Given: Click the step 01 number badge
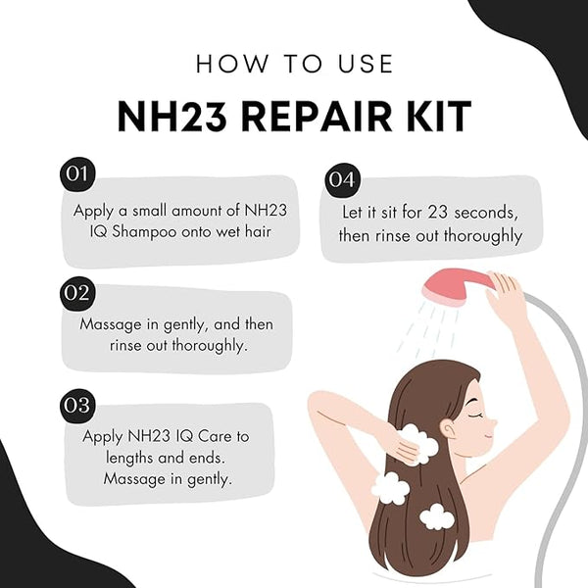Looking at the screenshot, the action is (78, 174).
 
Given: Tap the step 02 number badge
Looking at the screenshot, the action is (78, 294).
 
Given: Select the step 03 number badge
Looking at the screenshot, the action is (78, 406).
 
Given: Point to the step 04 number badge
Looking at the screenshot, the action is (343, 180).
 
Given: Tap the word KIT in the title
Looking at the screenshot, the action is (439, 117).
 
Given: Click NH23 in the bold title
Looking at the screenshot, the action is (172, 117).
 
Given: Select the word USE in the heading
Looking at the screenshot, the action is (366, 64).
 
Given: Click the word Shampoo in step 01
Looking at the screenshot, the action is (144, 231).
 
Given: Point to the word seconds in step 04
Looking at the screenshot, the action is (486, 213).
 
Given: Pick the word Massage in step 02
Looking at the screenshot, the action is (111, 325).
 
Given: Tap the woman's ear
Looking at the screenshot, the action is (448, 428).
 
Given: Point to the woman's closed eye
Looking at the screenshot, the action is (475, 415).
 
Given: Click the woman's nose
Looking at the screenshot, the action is (492, 422).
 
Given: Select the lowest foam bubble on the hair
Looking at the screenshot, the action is (436, 517).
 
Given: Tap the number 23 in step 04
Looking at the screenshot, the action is (438, 213).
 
